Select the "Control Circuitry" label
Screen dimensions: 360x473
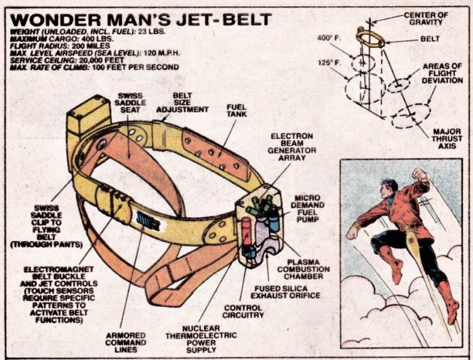pos(242,312)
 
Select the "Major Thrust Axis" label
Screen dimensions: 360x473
pos(446,139)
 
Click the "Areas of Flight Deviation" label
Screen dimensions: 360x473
pos(443,73)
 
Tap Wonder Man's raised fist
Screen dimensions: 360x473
pos(422,174)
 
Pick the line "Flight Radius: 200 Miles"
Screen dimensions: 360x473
pos(52,46)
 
